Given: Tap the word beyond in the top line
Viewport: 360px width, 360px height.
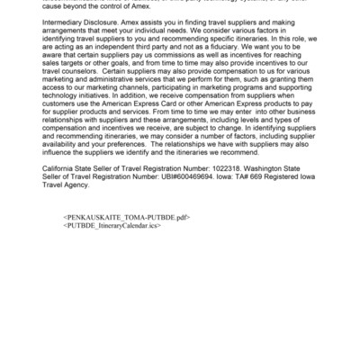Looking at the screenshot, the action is coord(80,5).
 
